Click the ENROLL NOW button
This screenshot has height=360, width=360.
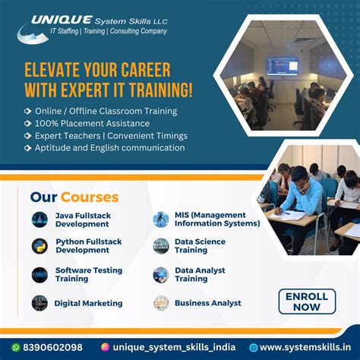click(307, 302)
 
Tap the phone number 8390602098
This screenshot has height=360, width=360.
click(52, 347)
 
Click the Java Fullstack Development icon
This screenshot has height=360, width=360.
click(39, 219)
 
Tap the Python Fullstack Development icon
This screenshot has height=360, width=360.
click(39, 245)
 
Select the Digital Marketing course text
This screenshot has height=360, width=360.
click(88, 303)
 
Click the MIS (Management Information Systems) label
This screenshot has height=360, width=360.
click(216, 219)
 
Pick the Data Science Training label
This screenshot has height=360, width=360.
click(201, 245)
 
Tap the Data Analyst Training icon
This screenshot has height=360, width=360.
click(160, 274)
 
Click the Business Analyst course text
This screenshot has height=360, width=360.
click(207, 303)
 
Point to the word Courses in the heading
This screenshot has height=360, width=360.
click(90, 197)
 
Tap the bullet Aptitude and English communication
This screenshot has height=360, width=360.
click(109, 147)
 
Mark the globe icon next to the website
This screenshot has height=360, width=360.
click(254, 347)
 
